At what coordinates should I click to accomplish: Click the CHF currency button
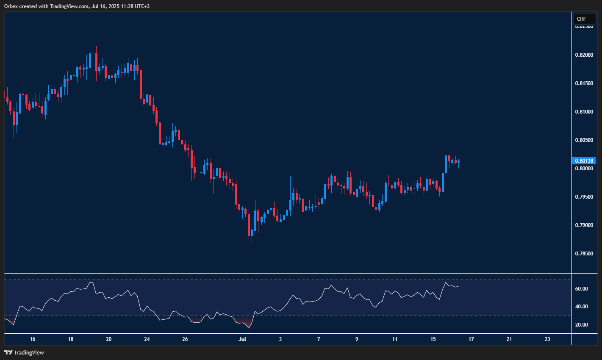click(584, 19)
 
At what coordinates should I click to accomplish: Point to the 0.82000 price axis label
click(584, 55)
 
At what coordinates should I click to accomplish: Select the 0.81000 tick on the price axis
click(584, 112)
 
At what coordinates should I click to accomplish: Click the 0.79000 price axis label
click(584, 225)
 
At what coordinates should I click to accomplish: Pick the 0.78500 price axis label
click(584, 254)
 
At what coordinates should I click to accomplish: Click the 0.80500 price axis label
click(584, 140)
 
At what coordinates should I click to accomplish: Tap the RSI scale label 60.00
click(582, 289)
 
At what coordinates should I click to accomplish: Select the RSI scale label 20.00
click(582, 325)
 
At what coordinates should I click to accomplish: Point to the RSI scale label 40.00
click(582, 307)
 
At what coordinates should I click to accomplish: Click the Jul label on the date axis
click(242, 339)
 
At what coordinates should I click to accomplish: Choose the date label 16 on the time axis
click(33, 339)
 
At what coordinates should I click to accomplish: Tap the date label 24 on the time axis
click(147, 339)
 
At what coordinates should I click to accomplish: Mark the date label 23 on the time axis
click(547, 339)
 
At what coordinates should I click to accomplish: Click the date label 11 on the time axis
click(395, 339)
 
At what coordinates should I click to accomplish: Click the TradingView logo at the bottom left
click(24, 352)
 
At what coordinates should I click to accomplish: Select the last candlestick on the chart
click(458, 161)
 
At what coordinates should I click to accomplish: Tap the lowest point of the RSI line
click(249, 328)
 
